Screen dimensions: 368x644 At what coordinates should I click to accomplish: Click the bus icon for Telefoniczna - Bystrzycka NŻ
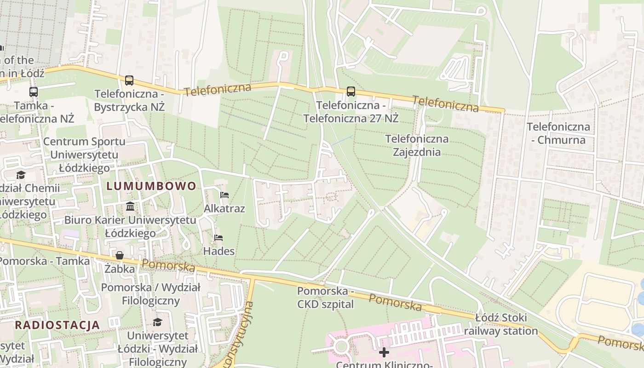point(129,80)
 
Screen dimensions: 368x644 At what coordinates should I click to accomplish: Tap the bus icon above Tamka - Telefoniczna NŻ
point(34,92)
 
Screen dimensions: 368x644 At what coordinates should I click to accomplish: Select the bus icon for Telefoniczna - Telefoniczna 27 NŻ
point(351,92)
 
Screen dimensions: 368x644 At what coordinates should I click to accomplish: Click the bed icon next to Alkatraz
point(224,195)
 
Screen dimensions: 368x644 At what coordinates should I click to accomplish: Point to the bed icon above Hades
point(218,238)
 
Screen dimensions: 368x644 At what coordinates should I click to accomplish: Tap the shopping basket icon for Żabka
point(120,255)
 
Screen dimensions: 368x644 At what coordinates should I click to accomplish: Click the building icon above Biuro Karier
point(130,206)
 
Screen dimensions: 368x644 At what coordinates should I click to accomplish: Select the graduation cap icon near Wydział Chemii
point(21,175)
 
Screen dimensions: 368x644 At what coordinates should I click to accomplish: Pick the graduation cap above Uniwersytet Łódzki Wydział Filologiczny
point(157,322)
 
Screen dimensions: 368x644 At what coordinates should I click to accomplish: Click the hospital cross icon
point(384,352)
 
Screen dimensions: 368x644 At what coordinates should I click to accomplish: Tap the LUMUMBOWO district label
point(151,186)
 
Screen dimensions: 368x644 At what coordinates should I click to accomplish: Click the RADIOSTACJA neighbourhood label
point(57,325)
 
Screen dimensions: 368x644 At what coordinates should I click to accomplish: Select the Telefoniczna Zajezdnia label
point(417,145)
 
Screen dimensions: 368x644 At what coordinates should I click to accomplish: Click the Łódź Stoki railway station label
point(501,324)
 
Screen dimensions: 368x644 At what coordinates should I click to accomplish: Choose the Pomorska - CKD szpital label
point(325,297)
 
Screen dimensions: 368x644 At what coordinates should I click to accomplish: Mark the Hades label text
point(219,251)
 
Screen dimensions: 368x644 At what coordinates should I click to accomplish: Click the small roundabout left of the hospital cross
point(341,346)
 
